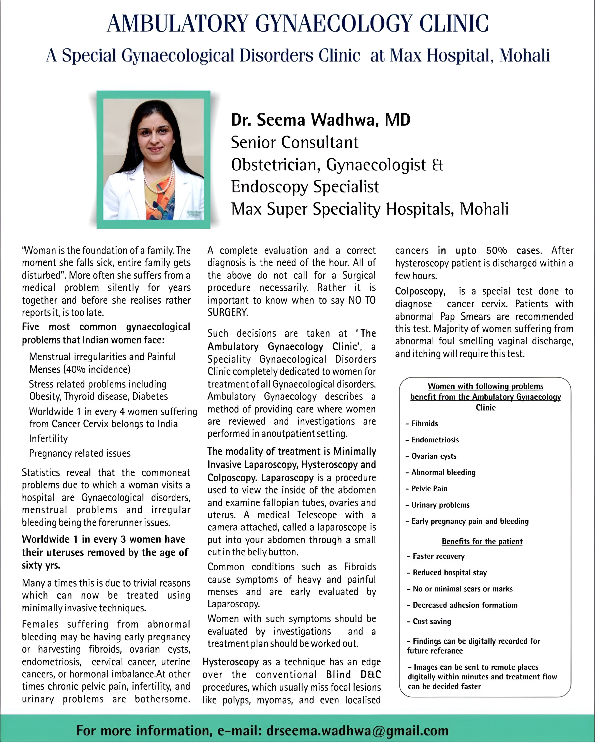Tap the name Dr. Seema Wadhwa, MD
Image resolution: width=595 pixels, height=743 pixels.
click(x=320, y=120)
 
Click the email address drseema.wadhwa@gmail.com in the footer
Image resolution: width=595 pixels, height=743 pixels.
click(x=358, y=730)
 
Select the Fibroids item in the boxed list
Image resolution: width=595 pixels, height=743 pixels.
click(x=424, y=424)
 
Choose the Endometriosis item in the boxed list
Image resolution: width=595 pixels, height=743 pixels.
click(x=435, y=440)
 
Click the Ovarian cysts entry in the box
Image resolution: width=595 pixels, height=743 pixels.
click(x=434, y=456)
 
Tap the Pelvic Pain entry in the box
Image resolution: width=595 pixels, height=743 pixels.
click(x=429, y=489)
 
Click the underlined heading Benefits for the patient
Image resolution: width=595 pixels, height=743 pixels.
click(x=482, y=541)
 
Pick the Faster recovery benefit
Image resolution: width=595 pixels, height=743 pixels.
click(x=438, y=556)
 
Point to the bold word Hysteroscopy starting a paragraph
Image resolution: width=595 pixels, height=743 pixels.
click(x=230, y=662)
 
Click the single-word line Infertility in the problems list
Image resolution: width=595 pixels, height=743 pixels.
click(x=48, y=439)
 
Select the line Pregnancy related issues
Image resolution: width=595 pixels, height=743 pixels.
click(x=80, y=453)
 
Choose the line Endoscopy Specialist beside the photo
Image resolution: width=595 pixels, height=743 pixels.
click(x=305, y=187)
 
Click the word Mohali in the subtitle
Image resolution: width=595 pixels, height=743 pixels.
click(x=524, y=55)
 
